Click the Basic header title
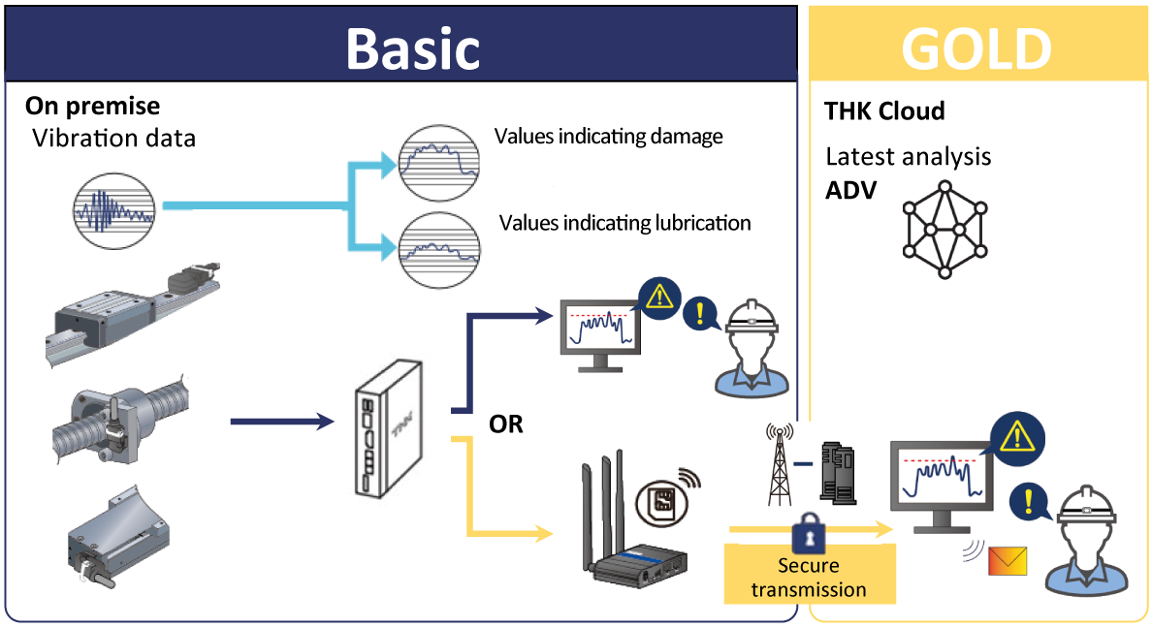click(412, 47)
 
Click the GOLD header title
click(976, 47)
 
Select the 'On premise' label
click(93, 106)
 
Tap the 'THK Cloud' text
click(884, 111)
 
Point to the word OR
click(506, 424)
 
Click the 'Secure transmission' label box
click(809, 576)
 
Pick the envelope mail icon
click(1007, 561)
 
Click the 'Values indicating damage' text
click(608, 136)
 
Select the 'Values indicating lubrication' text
click(624, 223)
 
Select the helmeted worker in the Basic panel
click(748, 348)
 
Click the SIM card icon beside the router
click(663, 502)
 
